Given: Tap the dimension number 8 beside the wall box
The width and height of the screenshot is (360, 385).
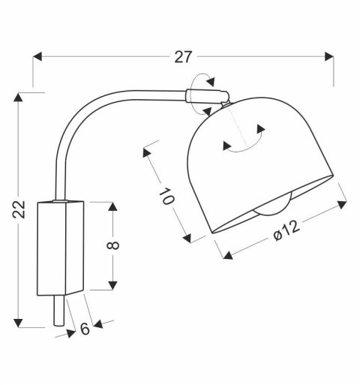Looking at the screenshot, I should coord(112,246).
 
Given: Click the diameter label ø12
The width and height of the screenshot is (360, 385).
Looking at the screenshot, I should coord(286,234).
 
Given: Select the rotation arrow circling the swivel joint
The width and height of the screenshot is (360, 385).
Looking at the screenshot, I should coord(202,83).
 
